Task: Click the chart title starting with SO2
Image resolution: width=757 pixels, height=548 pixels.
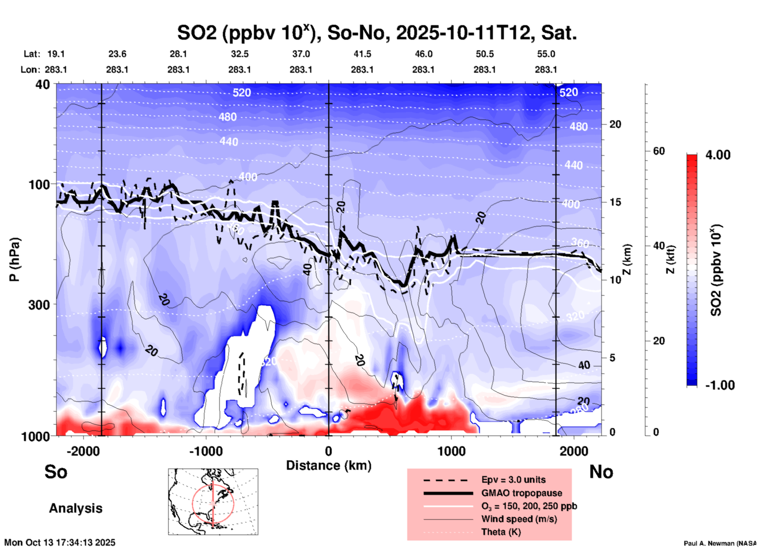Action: [377, 33]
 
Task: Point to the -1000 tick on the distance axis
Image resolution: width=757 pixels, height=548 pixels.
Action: [206, 451]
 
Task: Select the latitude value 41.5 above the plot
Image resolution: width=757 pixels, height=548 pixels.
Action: [362, 54]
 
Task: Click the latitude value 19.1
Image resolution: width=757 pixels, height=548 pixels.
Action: [56, 54]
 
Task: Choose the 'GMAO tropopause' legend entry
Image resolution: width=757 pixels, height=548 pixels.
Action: [521, 493]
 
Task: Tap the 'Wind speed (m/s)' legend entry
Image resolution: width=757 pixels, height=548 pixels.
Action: [519, 519]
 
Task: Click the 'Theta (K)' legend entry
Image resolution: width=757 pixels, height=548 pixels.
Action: [501, 532]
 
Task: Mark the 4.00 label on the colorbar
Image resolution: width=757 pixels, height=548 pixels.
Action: [718, 155]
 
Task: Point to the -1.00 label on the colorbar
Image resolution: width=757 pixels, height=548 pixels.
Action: [719, 385]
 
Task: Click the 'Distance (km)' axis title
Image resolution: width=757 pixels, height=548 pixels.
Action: [329, 465]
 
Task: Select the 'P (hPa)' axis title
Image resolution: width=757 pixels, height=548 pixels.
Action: [15, 259]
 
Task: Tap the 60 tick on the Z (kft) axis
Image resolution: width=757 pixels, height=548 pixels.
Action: [659, 151]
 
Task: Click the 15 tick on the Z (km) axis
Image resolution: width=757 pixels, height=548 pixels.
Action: [615, 202]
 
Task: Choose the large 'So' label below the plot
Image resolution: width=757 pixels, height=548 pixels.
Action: [56, 472]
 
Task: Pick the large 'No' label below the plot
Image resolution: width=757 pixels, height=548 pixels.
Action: [601, 472]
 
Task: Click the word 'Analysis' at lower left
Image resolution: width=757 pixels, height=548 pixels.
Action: [75, 508]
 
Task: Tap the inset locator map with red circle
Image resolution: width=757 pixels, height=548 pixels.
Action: [213, 502]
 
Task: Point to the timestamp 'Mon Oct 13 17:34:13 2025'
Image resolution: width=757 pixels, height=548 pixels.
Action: [60, 542]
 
